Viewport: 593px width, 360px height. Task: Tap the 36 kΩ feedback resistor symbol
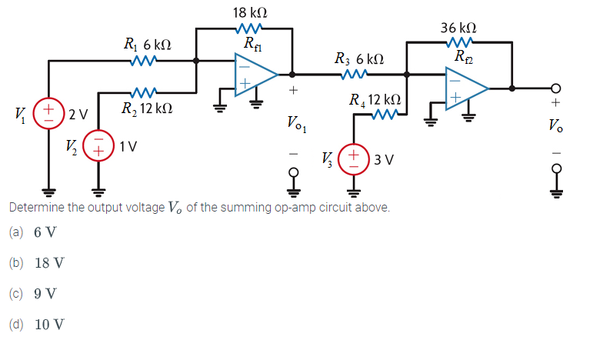pos(460,42)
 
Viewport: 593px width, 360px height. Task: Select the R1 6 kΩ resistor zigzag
pos(145,60)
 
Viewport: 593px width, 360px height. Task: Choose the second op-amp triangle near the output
pos(464,90)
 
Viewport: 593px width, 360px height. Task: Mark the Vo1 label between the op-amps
pos(295,124)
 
